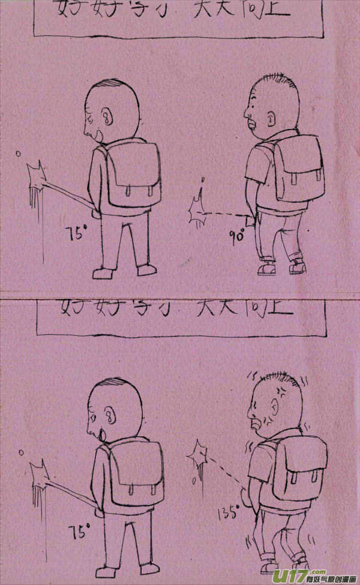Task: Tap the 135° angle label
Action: [x=229, y=514]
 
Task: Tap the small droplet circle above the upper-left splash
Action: [x=19, y=154]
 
